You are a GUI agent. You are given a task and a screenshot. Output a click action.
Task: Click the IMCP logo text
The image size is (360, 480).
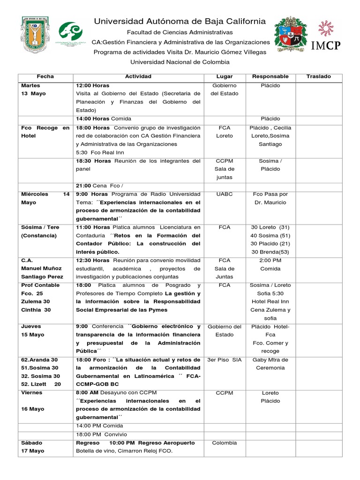coord(326,45)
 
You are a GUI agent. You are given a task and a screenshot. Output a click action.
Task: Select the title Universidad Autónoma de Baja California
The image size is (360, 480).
coord(180,21)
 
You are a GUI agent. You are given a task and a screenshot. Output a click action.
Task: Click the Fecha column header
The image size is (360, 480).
coord(45,76)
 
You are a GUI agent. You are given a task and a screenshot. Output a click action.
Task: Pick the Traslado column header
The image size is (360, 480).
coord(318,76)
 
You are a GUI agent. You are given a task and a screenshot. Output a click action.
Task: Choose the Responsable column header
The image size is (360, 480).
coord(270,76)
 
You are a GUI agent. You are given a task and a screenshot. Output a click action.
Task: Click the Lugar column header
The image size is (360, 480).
coord(225,76)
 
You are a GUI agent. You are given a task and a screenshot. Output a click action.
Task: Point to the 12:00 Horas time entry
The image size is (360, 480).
coord(92,85)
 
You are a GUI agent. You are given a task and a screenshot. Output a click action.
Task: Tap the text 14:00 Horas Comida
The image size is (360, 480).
coord(104,119)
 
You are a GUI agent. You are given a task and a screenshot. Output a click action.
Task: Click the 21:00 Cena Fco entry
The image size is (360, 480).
coord(97,186)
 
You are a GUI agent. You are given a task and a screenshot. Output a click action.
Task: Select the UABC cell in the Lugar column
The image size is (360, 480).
coord(225,194)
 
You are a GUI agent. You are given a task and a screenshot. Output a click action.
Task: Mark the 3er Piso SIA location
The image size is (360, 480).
coord(225,360)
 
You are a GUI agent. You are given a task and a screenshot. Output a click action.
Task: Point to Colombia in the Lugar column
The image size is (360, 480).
coord(225,442)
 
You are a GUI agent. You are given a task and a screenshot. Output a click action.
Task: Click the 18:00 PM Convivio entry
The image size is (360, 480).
coord(101,434)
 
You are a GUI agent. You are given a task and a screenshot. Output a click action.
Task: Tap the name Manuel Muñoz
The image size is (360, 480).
coord(41,269)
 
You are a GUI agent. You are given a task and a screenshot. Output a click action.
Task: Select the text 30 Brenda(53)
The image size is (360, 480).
coord(270,252)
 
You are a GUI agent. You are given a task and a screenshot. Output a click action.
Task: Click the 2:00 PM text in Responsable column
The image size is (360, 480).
coord(270,260)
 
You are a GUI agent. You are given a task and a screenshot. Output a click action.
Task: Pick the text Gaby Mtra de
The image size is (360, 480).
coord(270,360)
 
